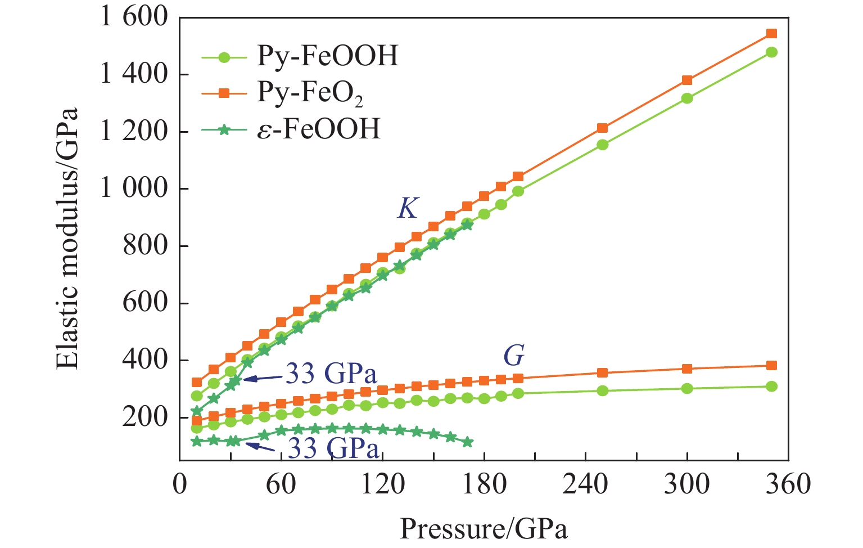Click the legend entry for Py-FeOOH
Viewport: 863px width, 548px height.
pos(327,56)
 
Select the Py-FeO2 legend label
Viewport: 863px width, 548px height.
pos(310,93)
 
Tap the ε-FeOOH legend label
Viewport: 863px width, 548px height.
pos(318,129)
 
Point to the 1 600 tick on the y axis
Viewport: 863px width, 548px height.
pos(134,17)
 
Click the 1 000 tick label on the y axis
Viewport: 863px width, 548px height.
pos(134,188)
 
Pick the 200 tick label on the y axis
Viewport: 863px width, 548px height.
pos(145,417)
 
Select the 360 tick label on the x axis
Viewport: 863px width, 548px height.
pos(788,484)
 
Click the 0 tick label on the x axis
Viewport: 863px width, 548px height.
pos(179,484)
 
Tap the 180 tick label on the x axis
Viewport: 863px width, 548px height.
pos(484,484)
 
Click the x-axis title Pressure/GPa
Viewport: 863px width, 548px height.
pos(484,529)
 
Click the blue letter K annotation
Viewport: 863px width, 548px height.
pos(407,209)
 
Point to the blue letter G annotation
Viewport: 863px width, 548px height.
pos(513,356)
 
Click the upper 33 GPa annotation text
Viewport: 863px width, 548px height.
pos(331,374)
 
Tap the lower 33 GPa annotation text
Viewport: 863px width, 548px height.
pos(334,448)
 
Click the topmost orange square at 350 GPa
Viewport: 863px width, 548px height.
pos(771,34)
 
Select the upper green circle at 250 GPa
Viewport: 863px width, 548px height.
pos(602,145)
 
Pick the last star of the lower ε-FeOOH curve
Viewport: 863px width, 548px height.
pos(468,442)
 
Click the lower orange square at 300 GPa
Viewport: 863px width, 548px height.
pos(687,369)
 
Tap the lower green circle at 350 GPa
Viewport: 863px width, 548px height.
pos(771,387)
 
